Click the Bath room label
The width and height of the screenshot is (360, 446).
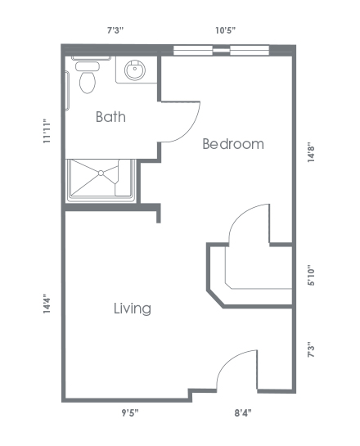(110, 117)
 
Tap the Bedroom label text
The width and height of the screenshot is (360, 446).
(233, 144)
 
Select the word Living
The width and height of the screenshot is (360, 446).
(133, 309)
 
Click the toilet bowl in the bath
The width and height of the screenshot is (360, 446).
(88, 82)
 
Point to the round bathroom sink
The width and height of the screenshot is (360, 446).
(135, 70)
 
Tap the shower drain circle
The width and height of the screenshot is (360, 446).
(101, 173)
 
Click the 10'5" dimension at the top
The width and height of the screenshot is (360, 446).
(226, 30)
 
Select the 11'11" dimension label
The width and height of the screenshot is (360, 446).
(47, 131)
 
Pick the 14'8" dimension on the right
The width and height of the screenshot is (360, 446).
(311, 152)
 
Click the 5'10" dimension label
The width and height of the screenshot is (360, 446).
(311, 275)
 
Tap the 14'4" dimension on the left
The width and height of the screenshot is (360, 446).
(47, 304)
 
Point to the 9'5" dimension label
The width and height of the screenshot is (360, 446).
(130, 412)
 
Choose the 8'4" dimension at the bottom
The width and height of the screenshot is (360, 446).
(243, 412)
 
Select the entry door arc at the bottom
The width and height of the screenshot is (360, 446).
(228, 361)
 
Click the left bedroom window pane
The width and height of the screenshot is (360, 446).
(193, 51)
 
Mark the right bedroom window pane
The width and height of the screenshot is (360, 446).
(250, 51)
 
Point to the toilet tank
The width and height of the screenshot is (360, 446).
(88, 66)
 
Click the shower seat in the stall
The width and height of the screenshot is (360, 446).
(124, 178)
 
